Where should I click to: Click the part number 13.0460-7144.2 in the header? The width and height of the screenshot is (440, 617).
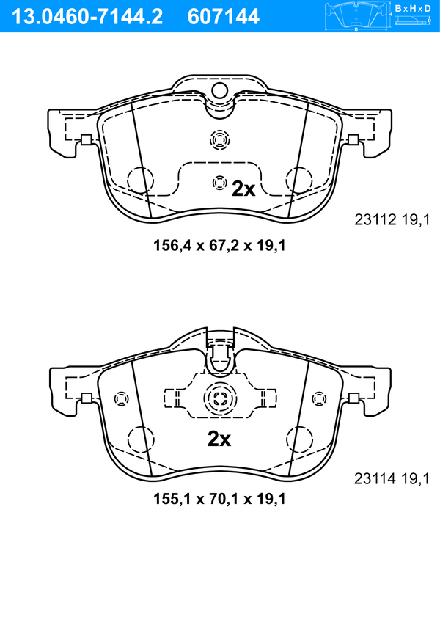(87, 17)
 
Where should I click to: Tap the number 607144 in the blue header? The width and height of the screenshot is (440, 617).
(224, 17)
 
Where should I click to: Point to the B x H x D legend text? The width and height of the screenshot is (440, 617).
(413, 8)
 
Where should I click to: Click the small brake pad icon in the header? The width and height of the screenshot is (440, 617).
(356, 16)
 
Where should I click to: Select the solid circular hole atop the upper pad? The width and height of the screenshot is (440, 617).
(220, 91)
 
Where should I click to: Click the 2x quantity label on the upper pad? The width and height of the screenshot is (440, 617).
(243, 189)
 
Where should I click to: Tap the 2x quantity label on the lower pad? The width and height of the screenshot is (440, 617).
(219, 439)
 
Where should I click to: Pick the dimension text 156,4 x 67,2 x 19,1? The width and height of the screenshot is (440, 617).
(219, 246)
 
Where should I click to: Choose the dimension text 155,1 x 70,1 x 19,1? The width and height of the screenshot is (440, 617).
(219, 499)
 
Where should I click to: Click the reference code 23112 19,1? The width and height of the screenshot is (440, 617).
(392, 220)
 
